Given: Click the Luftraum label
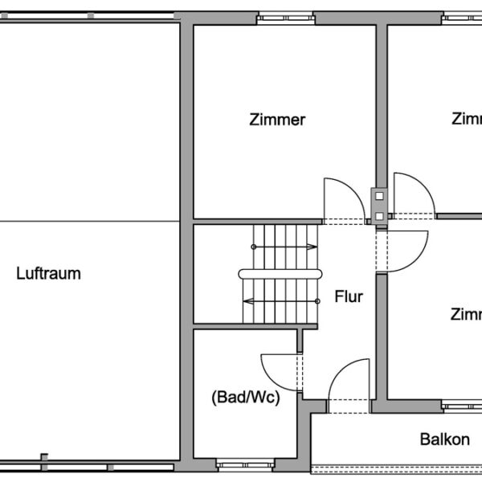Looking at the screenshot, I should tap(48, 273).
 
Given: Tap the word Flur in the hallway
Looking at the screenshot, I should tap(349, 296).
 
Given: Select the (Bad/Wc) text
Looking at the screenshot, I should tap(245, 397).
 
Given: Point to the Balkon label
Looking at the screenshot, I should tap(444, 439).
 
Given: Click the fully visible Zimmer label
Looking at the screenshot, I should tap(277, 120).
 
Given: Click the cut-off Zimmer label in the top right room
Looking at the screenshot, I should tap(466, 119).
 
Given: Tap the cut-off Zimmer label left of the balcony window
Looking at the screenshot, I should tap(466, 313).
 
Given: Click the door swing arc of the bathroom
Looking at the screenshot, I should tap(273, 366).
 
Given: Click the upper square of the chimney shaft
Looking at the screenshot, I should tap(378, 194).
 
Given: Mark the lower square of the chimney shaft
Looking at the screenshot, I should tap(378, 215).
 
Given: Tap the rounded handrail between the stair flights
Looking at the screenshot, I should tap(244, 274).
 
